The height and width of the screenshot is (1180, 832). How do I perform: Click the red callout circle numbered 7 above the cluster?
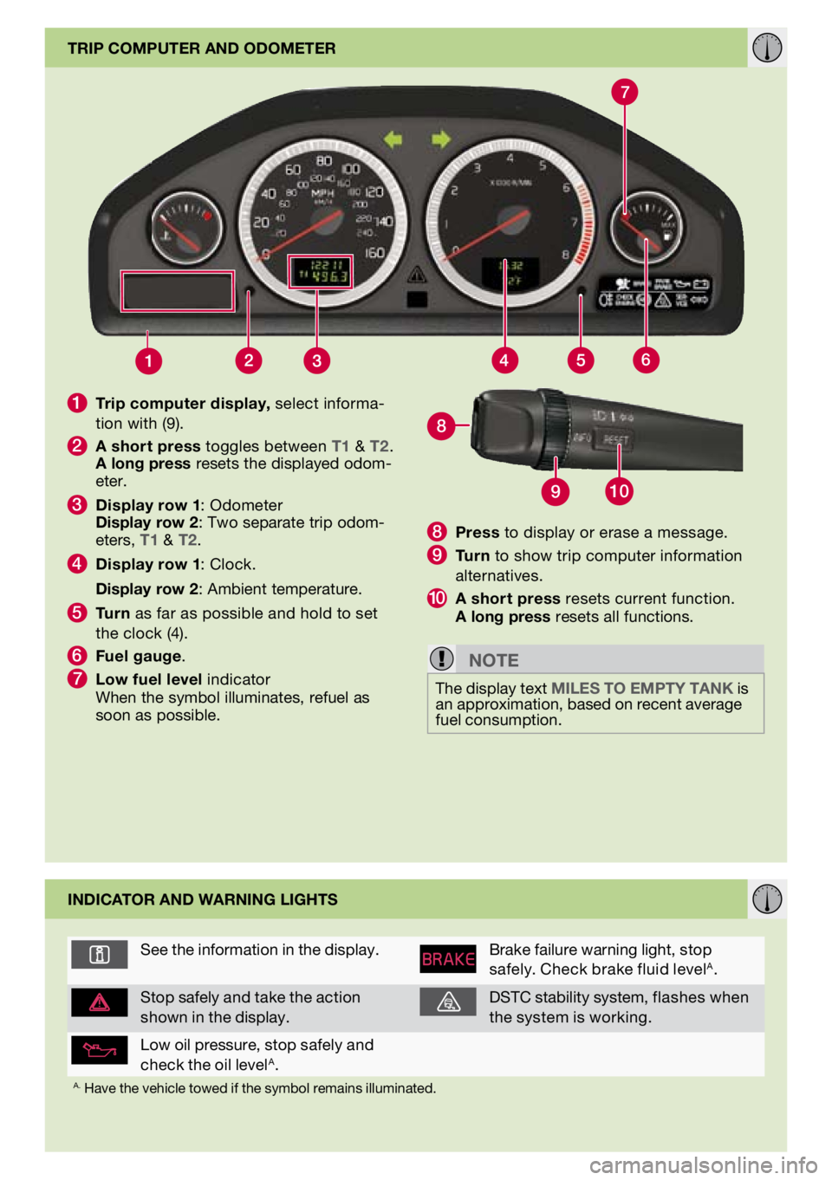pos(624,92)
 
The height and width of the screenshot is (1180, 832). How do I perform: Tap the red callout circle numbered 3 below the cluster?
pos(317,360)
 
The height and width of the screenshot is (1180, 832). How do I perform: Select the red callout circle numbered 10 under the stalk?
pos(619,491)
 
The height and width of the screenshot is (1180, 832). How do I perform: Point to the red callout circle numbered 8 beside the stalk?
pos(441,425)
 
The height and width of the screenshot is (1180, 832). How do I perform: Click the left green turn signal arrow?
pos(393,139)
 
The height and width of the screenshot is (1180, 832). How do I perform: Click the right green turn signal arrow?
pos(441,139)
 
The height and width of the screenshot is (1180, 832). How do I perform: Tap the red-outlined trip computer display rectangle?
pos(178,291)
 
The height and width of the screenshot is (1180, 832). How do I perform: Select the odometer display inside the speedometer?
pos(320,271)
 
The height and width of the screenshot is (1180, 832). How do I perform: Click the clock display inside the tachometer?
pos(511,273)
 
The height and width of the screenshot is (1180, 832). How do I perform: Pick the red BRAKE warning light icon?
pos(448,959)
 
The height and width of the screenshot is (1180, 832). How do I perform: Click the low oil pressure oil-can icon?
pos(100,1051)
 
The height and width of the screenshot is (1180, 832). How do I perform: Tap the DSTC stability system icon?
pos(448,1002)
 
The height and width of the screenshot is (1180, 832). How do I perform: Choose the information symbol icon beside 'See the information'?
pos(100,955)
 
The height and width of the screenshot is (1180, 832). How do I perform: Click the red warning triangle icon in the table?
pos(100,1002)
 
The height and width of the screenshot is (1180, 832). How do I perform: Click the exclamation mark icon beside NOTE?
pos(441,658)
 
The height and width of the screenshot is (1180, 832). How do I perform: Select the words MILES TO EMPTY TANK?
pos(642,689)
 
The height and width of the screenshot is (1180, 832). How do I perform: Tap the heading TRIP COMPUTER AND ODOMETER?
pos(202,49)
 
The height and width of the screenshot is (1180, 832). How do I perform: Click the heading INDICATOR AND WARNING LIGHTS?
pos(203,900)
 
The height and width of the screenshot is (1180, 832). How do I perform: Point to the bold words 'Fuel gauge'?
pos(139,656)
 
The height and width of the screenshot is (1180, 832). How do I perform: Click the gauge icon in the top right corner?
pos(767,48)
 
